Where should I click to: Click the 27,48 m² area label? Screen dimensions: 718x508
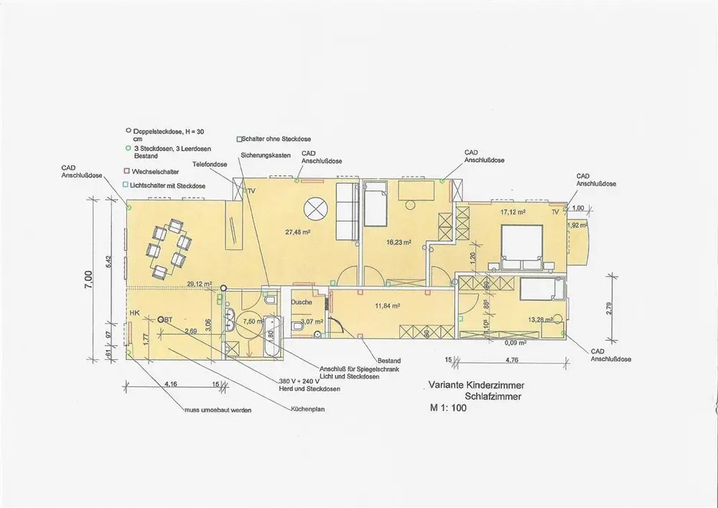coord(297,232)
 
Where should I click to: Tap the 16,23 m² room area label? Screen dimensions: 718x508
coord(398,243)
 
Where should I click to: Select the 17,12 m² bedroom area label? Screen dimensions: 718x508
coord(513,212)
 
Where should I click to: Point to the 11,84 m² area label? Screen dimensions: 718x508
coord(387,305)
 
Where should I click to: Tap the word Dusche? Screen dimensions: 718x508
coord(302,303)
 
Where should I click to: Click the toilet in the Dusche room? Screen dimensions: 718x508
coord(297,327)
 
